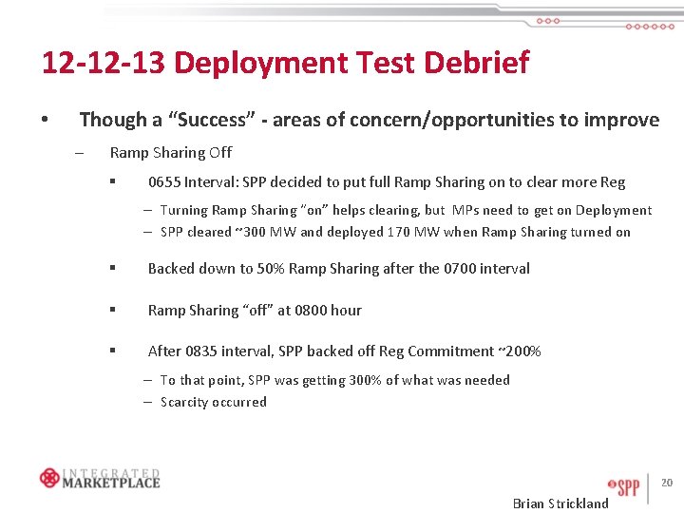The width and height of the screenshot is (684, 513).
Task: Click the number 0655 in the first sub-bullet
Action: tap(164, 182)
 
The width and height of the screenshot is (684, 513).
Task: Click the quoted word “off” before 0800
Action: tap(264, 311)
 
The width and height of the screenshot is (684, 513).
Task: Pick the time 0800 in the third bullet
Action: tap(313, 311)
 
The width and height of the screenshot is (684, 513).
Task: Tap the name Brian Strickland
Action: tap(560, 503)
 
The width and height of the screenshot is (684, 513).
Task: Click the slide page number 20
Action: tap(667, 483)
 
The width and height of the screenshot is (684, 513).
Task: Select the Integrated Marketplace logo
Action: tap(100, 478)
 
